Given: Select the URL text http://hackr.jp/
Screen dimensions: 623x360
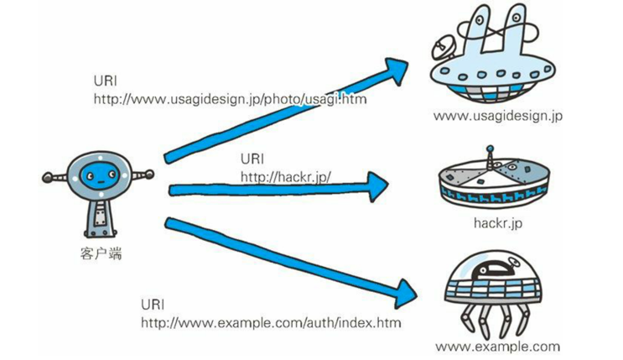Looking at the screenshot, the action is pyautogui.click(x=286, y=176).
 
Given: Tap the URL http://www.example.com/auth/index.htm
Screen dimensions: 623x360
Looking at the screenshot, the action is pyautogui.click(x=270, y=322).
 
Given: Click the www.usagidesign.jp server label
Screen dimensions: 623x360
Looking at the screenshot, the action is pyautogui.click(x=497, y=116).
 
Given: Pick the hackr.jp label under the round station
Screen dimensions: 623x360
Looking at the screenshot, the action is pyautogui.click(x=498, y=223).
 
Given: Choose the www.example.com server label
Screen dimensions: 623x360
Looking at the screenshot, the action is pyautogui.click(x=497, y=346).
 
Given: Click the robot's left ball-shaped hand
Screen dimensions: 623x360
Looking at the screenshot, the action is pyautogui.click(x=48, y=178).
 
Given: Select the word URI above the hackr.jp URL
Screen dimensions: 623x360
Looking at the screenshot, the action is pyautogui.click(x=252, y=159).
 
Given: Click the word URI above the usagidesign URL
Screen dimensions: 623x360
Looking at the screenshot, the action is pyautogui.click(x=105, y=81).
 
